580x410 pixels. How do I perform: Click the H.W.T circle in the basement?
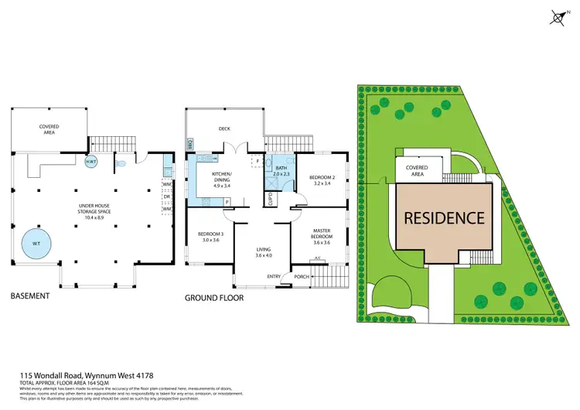[90, 162]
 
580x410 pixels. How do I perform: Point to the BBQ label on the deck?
[189, 144]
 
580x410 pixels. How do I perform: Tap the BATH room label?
[279, 170]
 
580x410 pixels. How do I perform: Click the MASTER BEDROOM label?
[322, 236]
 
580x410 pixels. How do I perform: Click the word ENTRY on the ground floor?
[274, 276]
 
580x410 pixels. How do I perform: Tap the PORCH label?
[302, 276]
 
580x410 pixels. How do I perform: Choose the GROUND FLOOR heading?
[215, 297]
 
